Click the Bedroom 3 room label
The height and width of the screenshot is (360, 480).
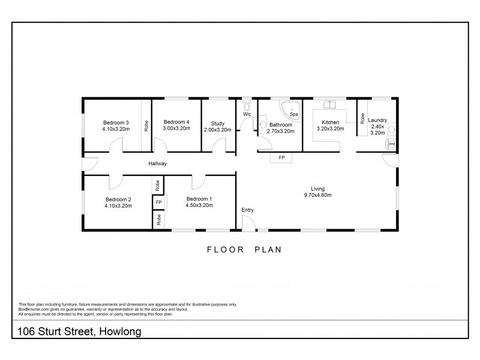116,122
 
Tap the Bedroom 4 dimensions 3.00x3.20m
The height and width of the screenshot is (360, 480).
176,128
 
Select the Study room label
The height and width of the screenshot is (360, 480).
217,122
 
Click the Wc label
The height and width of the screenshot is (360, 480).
246,114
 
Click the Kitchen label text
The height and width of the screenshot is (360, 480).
330,122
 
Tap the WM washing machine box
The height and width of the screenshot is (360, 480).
391,144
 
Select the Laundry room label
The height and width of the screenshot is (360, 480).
377,120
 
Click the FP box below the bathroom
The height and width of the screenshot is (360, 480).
281,158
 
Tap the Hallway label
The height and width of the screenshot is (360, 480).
158,163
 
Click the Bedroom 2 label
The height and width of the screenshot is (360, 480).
118,199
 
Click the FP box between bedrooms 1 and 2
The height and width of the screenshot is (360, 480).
158,203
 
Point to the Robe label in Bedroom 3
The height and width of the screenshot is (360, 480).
146,126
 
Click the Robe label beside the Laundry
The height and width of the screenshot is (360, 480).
362,118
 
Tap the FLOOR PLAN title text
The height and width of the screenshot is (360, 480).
244,249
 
